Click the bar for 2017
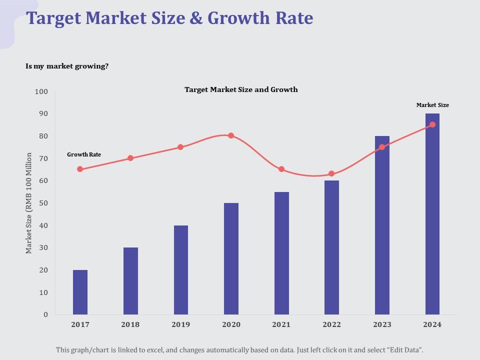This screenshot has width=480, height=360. pos(80,292)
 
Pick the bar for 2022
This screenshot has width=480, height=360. pos(331,247)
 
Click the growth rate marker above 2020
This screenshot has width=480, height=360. pos(231,135)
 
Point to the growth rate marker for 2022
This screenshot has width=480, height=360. pos(331,174)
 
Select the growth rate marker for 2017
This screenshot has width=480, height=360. pos(80,169)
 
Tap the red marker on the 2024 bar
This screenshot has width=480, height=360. pos(432,124)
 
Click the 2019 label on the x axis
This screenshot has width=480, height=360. pos(180,324)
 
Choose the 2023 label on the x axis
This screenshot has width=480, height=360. pos(382,324)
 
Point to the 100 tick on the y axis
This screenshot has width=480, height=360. pos(41,91)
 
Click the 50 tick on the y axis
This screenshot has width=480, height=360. pos(43,203)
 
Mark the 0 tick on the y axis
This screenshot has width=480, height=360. pos(45,314)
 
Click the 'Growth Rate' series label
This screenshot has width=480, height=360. pos(84,154)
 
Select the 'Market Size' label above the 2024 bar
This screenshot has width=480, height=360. pos(432,105)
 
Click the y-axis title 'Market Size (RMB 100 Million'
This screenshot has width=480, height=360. pos(29,202)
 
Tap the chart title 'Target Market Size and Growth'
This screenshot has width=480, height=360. pos(241,89)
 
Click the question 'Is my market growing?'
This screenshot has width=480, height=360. pos(67,66)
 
